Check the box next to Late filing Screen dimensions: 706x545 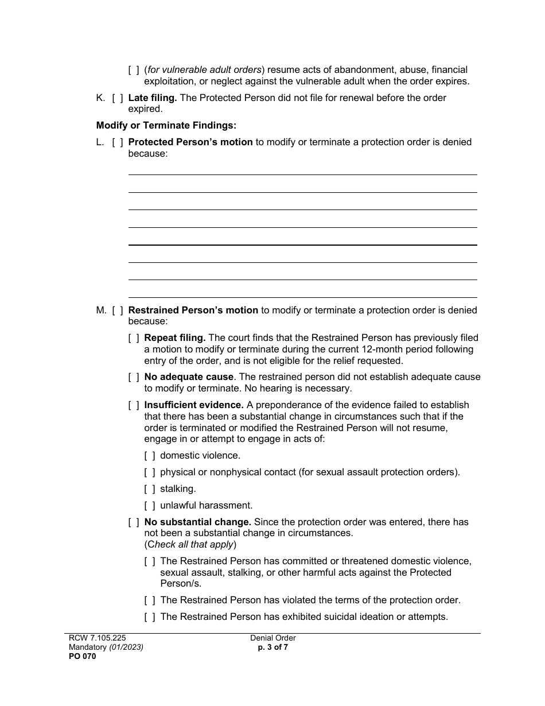(x=118, y=98)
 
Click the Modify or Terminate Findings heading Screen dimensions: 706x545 (x=166, y=125)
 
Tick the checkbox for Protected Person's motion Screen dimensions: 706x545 (x=118, y=142)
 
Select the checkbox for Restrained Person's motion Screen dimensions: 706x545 (x=118, y=311)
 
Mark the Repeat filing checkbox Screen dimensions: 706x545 (x=134, y=338)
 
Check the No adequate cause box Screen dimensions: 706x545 (x=134, y=377)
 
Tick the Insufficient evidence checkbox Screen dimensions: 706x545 (x=134, y=405)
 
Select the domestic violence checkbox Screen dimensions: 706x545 (x=150, y=456)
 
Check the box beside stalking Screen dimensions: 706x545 (x=150, y=489)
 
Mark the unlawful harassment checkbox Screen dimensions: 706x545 (x=150, y=506)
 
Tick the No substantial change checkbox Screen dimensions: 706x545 (x=134, y=522)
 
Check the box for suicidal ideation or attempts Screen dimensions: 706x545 (x=150, y=617)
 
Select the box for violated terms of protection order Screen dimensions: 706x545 (x=150, y=600)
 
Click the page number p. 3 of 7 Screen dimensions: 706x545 (x=273, y=647)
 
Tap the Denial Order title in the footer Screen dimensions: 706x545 (x=273, y=638)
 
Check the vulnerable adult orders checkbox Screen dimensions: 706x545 (x=134, y=70)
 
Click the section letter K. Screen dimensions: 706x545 (x=100, y=98)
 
